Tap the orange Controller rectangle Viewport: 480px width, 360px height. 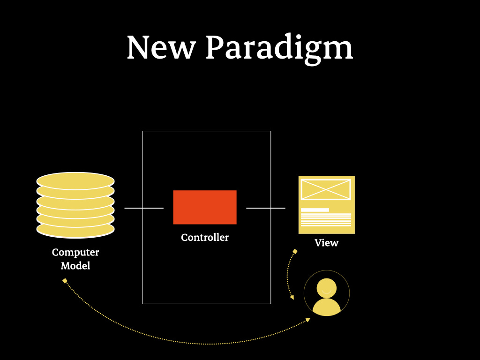pyautogui.click(x=205, y=207)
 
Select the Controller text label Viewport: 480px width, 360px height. pyautogui.click(x=205, y=238)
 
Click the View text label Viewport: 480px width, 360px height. pyautogui.click(x=326, y=243)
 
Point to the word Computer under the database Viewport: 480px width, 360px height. pyautogui.click(x=75, y=253)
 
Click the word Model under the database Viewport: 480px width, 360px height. pyautogui.click(x=75, y=266)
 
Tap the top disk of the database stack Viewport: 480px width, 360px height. pyautogui.click(x=75, y=180)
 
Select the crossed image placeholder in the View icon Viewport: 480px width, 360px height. pyautogui.click(x=326, y=189)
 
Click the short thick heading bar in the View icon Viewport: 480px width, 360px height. pyautogui.click(x=315, y=210)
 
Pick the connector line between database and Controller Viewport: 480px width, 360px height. pyautogui.click(x=144, y=207)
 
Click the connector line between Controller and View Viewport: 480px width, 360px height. pyautogui.click(x=265, y=207)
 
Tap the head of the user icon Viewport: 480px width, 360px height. pyautogui.click(x=326, y=287)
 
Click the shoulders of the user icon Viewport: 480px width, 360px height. pyautogui.click(x=326, y=308)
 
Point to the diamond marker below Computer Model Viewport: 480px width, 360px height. pyautogui.click(x=65, y=281)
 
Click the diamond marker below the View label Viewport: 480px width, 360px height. pyautogui.click(x=295, y=252)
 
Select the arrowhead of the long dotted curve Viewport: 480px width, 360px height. pyautogui.click(x=308, y=320)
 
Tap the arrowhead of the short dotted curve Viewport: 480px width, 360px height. pyautogui.click(x=292, y=297)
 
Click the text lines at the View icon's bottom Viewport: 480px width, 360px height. pyautogui.click(x=326, y=220)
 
